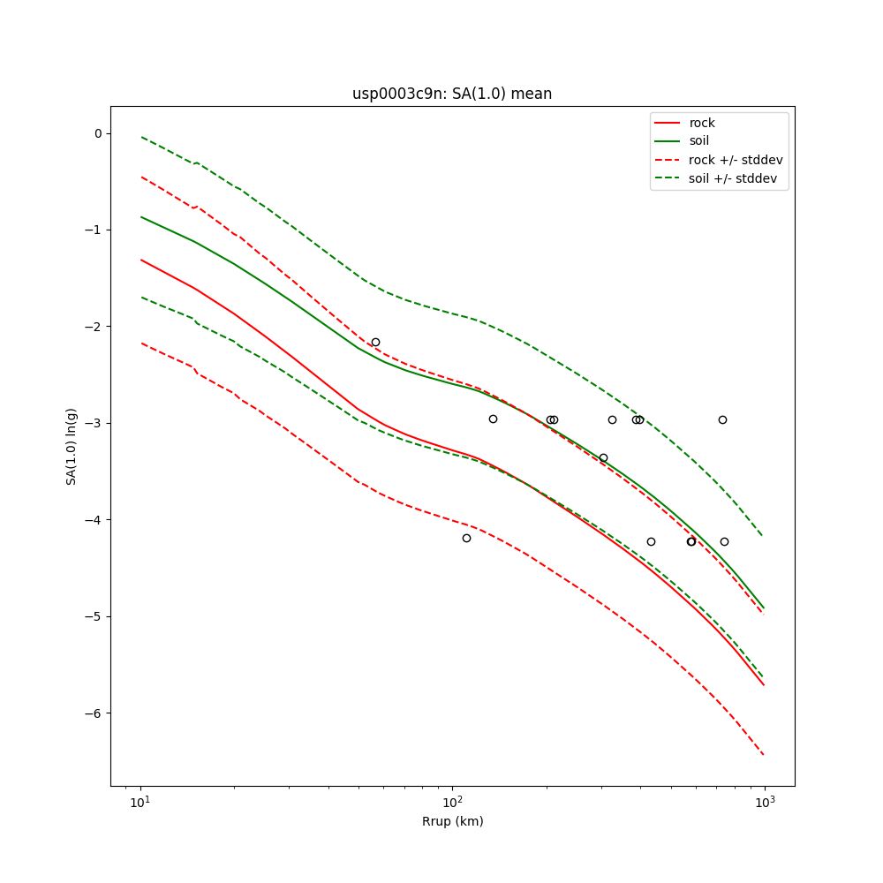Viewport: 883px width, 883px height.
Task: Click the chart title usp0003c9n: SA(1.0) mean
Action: tap(452, 94)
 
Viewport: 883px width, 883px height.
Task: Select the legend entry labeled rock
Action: tap(702, 123)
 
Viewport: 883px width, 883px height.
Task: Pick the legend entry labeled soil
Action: tap(699, 140)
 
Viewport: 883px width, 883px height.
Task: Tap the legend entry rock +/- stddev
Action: tap(736, 160)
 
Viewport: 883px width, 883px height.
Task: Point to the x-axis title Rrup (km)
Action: tap(452, 821)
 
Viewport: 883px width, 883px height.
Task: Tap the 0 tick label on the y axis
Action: tap(98, 133)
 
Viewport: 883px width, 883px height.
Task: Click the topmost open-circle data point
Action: tap(375, 342)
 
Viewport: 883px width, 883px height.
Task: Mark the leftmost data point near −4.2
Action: tap(466, 538)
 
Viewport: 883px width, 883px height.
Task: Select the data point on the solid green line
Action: tap(603, 457)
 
